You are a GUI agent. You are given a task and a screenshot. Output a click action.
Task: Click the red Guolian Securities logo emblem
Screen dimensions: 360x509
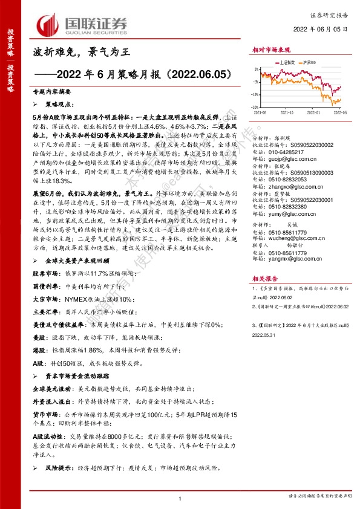48,24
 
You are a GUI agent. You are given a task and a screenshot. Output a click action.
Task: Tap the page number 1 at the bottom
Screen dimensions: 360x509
180,498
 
